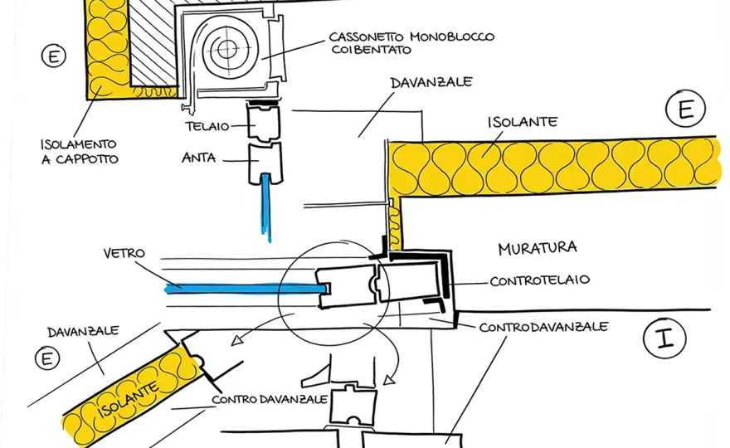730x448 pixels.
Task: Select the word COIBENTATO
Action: point(372,50)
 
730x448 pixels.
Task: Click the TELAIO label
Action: point(207,126)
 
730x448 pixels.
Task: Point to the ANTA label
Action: point(199,158)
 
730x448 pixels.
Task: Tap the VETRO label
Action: point(124,253)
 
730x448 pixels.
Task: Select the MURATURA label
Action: point(538,248)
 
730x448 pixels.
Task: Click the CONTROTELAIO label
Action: point(540,280)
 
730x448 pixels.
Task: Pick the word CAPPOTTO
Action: point(87,159)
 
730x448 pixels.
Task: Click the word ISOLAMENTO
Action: point(78,144)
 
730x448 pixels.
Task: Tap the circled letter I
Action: point(664,338)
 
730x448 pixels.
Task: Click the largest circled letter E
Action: point(686,109)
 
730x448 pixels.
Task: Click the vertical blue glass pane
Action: point(265,207)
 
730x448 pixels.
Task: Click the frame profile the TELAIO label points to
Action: point(264,123)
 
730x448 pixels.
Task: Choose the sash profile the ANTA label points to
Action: point(265,163)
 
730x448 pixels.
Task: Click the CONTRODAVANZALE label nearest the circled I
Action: point(544,327)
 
